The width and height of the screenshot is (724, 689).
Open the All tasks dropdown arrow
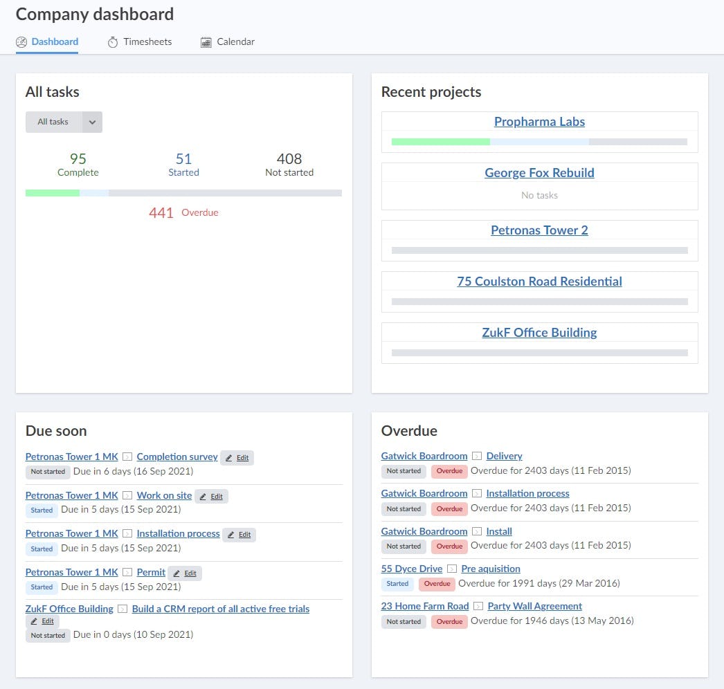pos(92,122)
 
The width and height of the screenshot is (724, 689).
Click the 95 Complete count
pos(78,159)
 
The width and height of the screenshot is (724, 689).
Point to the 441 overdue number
pos(161,213)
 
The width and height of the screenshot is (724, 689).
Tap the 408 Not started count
pos(289,159)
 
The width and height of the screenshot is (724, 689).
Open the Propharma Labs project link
pos(539,122)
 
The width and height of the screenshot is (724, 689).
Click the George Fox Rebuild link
pos(539,173)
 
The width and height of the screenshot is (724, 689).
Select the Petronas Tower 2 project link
pos(539,230)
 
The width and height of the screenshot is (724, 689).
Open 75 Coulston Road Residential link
pos(539,282)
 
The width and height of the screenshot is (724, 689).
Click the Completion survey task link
pos(177,457)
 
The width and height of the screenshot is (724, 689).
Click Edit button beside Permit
pos(185,573)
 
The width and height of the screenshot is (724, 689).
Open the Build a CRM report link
pos(220,609)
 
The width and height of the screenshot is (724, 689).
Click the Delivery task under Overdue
pos(504,456)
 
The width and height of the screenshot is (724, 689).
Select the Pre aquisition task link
pos(491,569)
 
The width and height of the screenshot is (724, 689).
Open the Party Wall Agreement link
pos(534,606)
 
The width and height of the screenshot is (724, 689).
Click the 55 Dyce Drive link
pos(411,569)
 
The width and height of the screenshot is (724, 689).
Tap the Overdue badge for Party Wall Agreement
pos(449,621)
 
